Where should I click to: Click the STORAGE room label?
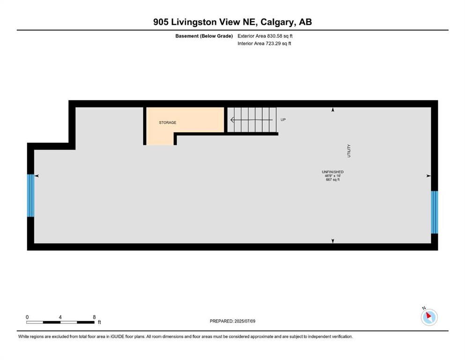click(x=167, y=123)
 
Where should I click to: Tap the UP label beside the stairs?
click(x=283, y=120)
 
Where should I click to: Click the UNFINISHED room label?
click(x=332, y=172)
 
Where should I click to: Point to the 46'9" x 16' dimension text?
click(x=332, y=176)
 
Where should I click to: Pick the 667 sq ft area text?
click(x=332, y=180)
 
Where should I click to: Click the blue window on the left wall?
click(x=31, y=195)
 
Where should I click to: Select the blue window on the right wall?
click(x=434, y=212)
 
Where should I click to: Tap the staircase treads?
click(x=253, y=120)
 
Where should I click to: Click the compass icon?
click(x=429, y=317)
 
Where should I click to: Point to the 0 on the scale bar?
click(x=27, y=317)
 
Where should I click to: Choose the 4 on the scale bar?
click(x=60, y=317)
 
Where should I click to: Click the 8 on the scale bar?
click(x=94, y=317)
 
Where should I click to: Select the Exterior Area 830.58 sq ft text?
click(x=266, y=36)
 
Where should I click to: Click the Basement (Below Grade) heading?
click(x=204, y=36)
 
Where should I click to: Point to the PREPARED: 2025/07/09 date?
click(x=232, y=321)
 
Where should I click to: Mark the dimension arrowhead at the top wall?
click(x=333, y=110)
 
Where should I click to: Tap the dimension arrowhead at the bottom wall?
click(x=333, y=241)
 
